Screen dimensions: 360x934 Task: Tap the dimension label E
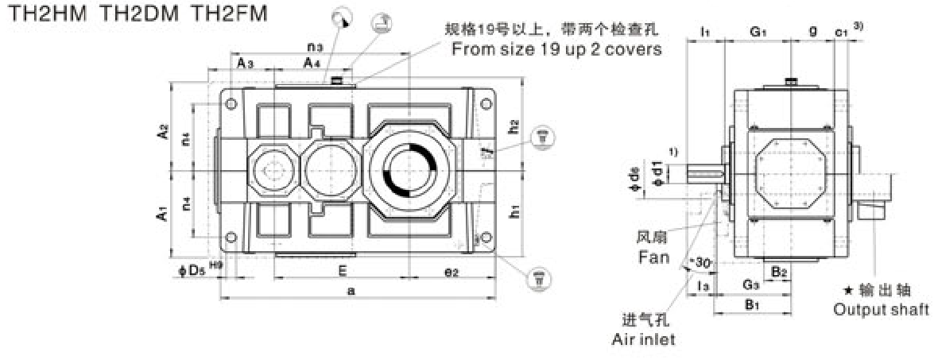click(341, 270)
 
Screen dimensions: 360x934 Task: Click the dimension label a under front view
click(351, 291)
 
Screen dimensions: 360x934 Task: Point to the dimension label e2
click(451, 271)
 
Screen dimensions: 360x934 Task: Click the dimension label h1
click(514, 211)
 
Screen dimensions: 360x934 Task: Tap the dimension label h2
click(514, 125)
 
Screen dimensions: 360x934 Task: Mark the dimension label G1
click(759, 31)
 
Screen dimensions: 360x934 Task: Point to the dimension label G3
click(750, 285)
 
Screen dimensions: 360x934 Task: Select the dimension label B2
click(780, 270)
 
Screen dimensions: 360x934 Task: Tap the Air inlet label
click(644, 339)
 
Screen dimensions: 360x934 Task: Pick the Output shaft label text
click(881, 309)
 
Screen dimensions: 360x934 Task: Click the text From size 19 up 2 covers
click(556, 48)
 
